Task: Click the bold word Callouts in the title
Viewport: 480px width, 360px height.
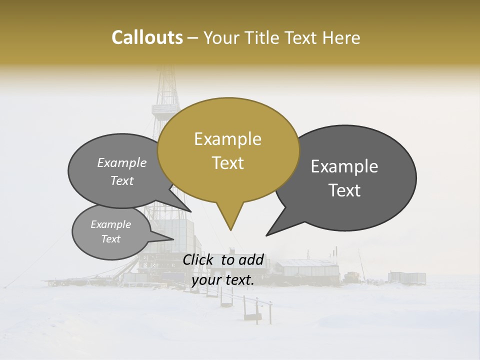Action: coord(147,37)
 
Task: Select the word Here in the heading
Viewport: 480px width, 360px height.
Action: coord(341,37)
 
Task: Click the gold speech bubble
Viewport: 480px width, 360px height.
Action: coord(228,150)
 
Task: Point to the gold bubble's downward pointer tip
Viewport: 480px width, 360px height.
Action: coord(230,229)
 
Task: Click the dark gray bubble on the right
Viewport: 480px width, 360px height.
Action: coord(350,177)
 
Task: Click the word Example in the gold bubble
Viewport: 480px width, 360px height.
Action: coord(228,139)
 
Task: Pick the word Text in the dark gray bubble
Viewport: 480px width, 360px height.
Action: coord(345,190)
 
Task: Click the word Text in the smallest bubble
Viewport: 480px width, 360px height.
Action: coord(111,239)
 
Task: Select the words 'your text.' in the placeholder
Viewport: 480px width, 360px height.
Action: coord(223,280)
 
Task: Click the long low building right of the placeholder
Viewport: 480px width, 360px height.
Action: coord(307,268)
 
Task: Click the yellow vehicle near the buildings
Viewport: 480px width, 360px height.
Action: coord(352,275)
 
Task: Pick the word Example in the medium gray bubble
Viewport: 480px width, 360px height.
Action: coord(122,163)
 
